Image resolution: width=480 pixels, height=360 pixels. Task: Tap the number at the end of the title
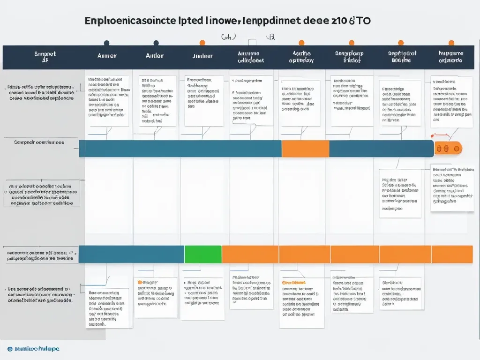click(336, 22)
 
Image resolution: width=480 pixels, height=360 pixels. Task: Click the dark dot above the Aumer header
click(106, 43)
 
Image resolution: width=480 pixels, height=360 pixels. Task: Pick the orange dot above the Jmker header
click(202, 43)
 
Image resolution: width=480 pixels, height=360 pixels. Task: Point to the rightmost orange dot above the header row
click(451, 43)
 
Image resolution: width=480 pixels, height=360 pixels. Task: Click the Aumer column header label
click(106, 56)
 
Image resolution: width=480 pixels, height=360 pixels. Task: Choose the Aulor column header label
click(155, 56)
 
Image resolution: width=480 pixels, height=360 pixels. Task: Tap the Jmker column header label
click(202, 56)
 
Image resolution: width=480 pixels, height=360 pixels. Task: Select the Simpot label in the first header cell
click(45, 54)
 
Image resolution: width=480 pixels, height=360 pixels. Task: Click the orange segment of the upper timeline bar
click(305, 149)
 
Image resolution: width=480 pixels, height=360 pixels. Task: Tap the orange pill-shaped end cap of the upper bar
click(448, 149)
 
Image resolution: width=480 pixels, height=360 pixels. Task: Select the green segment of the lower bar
click(203, 254)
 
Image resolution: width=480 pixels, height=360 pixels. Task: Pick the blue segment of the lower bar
click(131, 254)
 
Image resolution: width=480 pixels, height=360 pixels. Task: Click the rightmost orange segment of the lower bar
click(452, 254)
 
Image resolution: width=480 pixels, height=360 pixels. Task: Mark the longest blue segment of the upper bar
click(180, 149)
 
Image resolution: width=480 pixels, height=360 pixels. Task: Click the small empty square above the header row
click(252, 42)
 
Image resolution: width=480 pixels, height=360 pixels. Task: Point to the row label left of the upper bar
click(39, 142)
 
